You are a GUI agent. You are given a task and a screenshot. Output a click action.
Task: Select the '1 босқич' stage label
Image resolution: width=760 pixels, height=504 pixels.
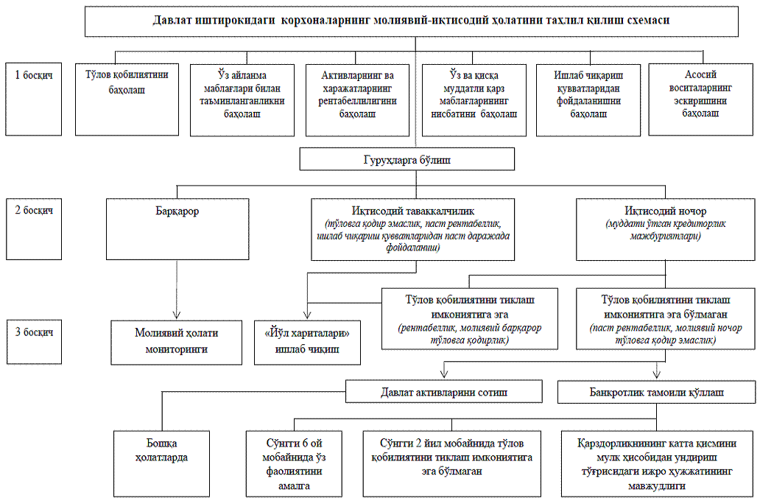[33, 74]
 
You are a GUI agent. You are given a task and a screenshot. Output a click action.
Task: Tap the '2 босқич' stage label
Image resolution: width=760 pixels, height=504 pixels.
[33, 209]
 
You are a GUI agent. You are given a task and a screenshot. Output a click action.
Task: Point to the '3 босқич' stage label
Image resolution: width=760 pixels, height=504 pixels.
[33, 331]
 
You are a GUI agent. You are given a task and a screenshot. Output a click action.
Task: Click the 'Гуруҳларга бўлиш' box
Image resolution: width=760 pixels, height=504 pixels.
[407, 159]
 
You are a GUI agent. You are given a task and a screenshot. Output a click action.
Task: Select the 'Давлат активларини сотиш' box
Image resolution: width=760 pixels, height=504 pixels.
[443, 391]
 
